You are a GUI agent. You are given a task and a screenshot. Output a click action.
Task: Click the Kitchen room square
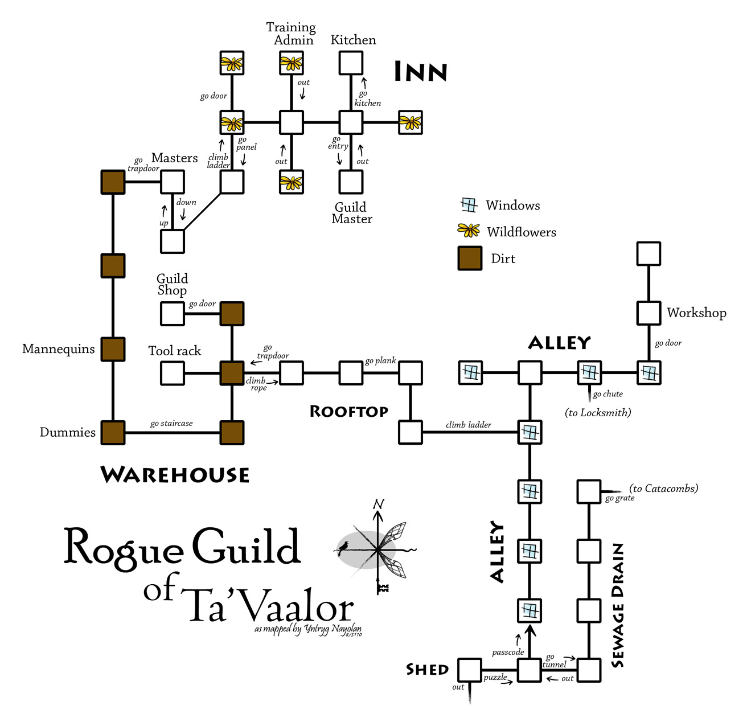tap(351, 63)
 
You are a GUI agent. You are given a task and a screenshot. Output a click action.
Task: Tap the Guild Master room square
tap(351, 182)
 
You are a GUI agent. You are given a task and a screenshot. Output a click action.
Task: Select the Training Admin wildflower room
tap(292, 63)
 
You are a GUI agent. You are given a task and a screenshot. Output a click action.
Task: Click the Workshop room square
tap(649, 313)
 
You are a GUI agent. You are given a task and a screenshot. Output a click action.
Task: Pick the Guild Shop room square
tap(173, 314)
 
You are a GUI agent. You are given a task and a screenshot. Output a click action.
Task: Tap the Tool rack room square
tap(173, 373)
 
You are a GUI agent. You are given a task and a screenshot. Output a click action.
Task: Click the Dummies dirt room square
tap(113, 433)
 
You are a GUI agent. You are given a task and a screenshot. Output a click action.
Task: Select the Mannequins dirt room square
tap(113, 350)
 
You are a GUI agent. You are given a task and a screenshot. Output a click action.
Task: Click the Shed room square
tap(470, 670)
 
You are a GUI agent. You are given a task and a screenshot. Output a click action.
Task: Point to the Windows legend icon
tap(469, 205)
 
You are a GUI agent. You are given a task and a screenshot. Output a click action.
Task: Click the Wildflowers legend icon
tap(469, 231)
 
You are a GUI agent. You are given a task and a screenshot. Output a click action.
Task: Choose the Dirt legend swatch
tap(470, 259)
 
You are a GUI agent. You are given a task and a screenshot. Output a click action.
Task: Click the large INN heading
tap(421, 72)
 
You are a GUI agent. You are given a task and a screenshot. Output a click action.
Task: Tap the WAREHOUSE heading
tap(175, 475)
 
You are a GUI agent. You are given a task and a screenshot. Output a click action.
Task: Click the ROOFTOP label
tap(348, 412)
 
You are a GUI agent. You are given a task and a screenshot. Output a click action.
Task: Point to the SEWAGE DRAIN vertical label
tap(618, 605)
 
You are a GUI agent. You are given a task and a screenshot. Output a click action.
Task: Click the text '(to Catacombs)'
tap(663, 489)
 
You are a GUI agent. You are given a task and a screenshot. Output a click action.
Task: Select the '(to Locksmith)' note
tap(598, 413)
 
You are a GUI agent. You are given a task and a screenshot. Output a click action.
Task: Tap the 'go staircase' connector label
tap(171, 424)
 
